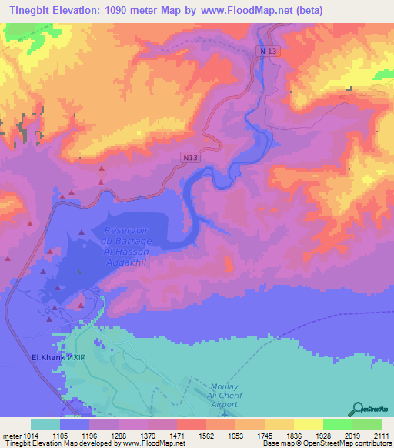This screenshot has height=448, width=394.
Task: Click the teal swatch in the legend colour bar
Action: coord(45,424)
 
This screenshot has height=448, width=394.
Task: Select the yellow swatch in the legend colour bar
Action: coord(308,424)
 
